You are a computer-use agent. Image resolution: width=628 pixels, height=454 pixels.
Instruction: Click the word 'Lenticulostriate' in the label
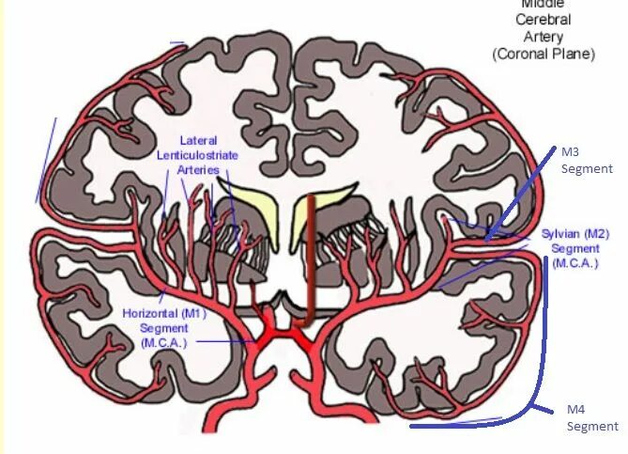(198, 155)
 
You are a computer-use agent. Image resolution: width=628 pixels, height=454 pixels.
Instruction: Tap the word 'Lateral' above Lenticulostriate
(199, 141)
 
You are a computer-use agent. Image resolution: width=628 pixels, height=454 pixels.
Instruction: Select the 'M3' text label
(572, 151)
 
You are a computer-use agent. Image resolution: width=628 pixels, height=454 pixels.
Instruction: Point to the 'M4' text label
(577, 410)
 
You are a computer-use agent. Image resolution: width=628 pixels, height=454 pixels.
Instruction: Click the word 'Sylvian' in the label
(561, 234)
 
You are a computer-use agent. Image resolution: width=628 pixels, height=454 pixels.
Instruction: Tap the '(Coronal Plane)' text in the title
(544, 55)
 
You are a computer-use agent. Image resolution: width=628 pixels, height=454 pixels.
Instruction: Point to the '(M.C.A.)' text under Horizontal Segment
(166, 342)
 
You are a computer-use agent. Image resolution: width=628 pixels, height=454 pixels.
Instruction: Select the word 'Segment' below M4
(592, 427)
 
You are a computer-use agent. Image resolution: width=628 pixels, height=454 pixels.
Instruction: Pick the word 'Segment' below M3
(587, 169)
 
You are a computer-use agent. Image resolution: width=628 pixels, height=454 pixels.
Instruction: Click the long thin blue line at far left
(46, 160)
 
